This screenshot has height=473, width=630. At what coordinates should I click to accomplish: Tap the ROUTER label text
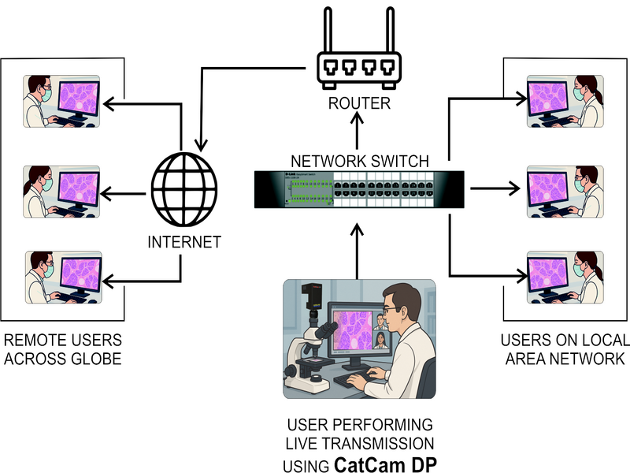tap(358, 103)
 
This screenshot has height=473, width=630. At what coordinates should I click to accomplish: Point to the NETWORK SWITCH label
tap(358, 161)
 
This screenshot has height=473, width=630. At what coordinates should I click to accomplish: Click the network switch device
tap(358, 188)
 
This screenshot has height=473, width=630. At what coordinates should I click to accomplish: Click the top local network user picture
tap(564, 102)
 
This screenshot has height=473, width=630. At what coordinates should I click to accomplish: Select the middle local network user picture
tap(564, 192)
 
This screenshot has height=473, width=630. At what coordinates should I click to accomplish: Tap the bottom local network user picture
tap(564, 277)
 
